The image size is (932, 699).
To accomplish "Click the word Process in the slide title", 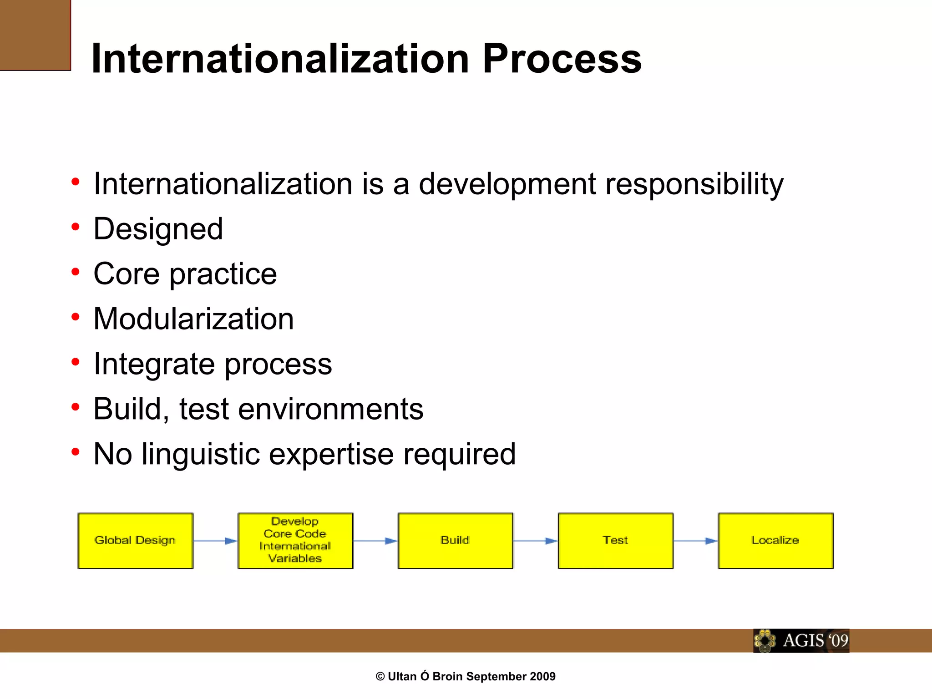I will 562,59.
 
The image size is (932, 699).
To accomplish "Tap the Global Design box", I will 135,541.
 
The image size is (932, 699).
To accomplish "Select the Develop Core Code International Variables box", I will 295,541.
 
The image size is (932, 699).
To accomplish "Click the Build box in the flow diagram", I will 455,541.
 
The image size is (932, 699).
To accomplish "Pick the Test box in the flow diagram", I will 615,541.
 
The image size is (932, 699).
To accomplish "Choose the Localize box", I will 775,541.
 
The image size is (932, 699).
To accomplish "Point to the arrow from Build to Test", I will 535,541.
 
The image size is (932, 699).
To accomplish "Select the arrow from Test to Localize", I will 695,541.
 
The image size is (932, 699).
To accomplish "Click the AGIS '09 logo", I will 801,641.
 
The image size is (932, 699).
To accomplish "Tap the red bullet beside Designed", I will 76,227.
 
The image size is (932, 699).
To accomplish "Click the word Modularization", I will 193,319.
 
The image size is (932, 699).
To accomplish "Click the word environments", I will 330,409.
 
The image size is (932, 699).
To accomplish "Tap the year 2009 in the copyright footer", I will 543,677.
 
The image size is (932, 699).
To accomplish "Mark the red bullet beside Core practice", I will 76,272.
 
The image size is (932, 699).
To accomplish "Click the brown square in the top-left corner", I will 35,35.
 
